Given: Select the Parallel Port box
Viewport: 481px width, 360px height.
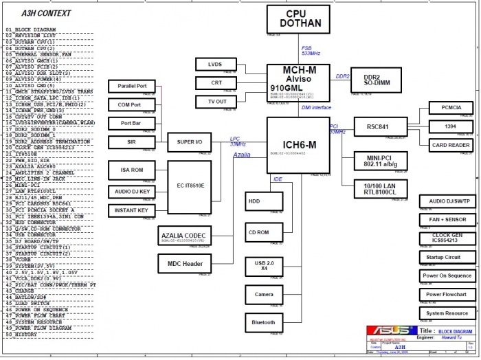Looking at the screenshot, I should pos(133,87).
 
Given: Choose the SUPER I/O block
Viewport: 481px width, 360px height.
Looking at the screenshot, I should pos(189,142).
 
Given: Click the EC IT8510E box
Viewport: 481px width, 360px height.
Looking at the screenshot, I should pos(189,185).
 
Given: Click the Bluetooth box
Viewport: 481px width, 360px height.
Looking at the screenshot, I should pos(264,322).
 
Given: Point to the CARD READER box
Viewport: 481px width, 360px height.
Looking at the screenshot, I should pos(451,145).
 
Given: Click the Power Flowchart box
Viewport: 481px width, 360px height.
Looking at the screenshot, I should pos(448,294).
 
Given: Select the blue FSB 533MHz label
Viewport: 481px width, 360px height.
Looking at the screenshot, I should pos(311,51).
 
